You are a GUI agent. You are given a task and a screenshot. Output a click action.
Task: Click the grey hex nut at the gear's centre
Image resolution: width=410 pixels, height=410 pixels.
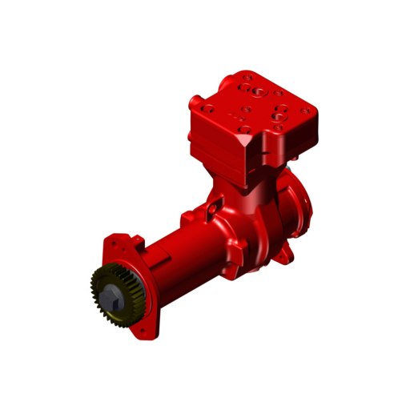[115, 294]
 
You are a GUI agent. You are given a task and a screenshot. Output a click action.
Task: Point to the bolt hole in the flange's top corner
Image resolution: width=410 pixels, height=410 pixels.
[118, 239]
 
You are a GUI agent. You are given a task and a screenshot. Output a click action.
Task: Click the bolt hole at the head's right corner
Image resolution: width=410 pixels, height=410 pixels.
[305, 108]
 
